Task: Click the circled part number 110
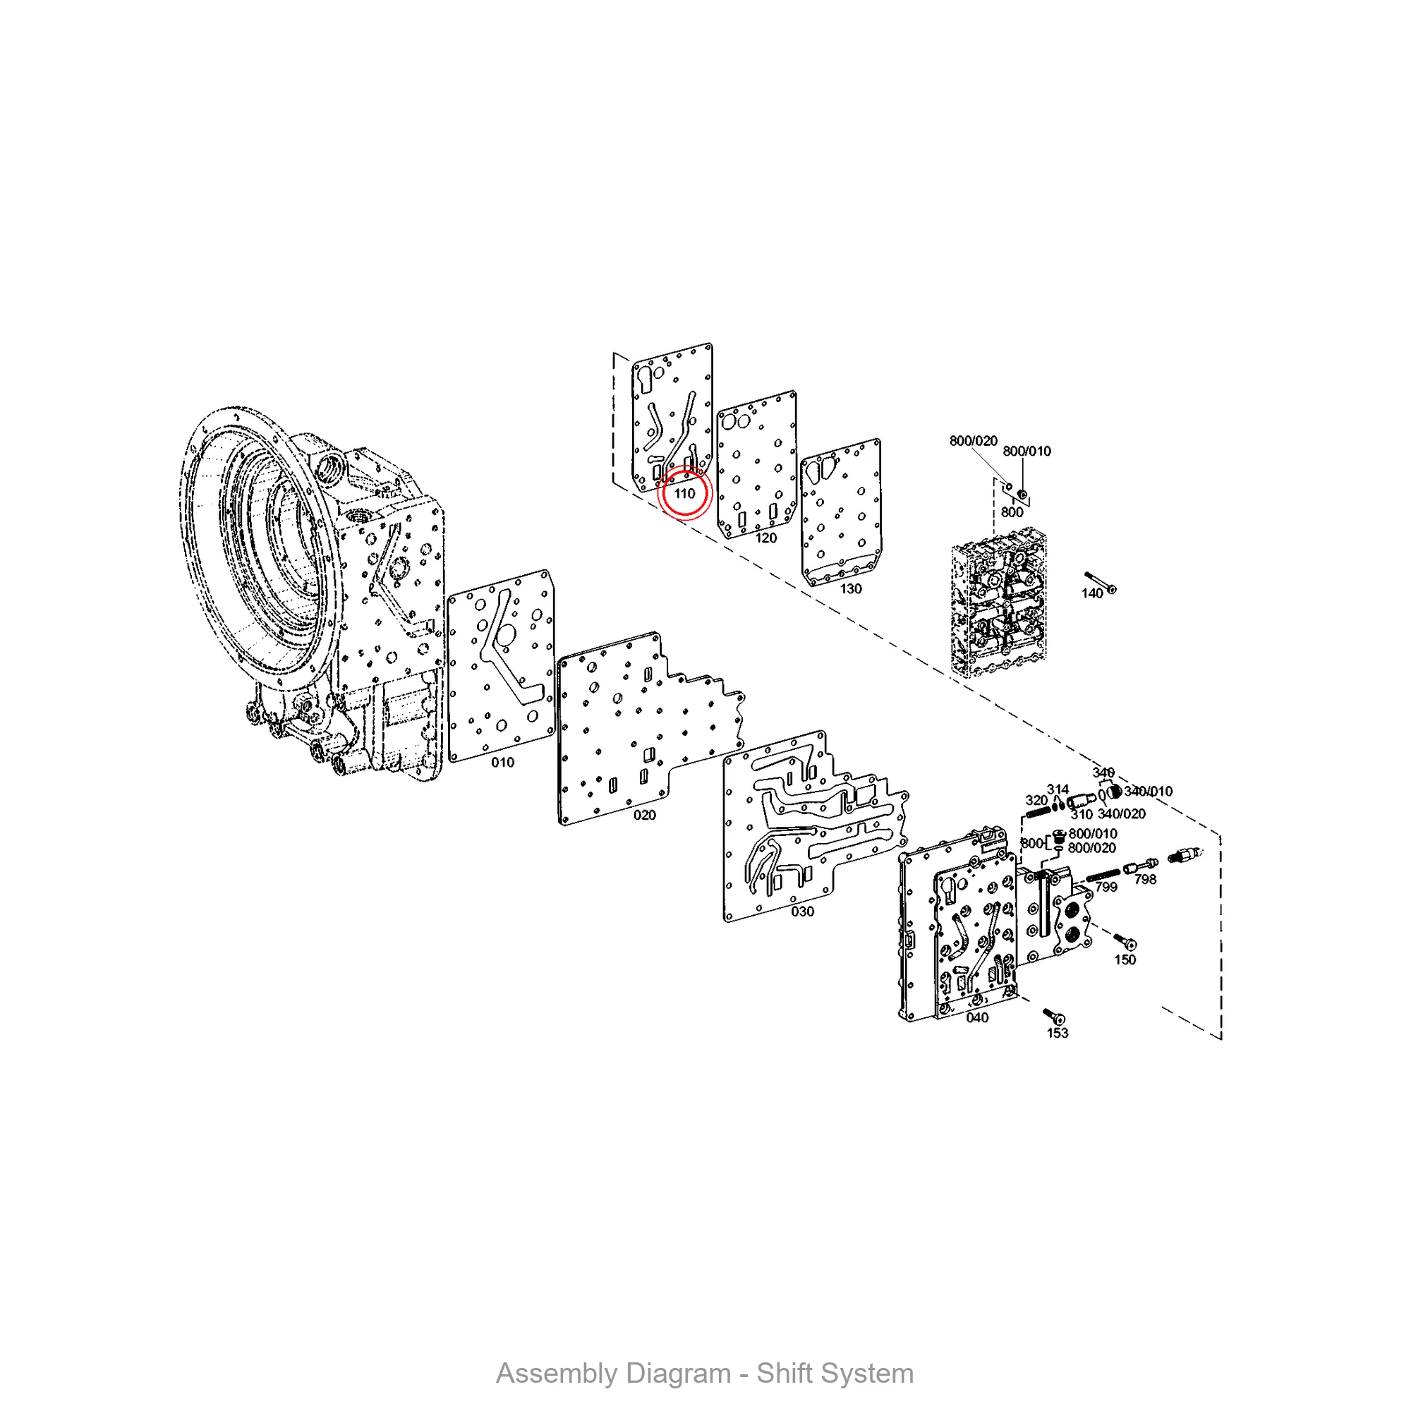(684, 494)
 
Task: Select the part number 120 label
(765, 538)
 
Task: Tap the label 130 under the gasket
(851, 588)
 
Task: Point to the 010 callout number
(502, 763)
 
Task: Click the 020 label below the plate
(644, 815)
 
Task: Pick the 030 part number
(802, 912)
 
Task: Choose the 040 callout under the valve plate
(977, 1018)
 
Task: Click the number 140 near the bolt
(1092, 594)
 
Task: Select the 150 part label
(1125, 959)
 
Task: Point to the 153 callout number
(1058, 1034)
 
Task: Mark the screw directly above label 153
(1055, 1016)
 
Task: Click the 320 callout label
(1036, 801)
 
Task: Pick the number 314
(1058, 789)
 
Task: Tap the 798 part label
(1145, 880)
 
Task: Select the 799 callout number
(1106, 888)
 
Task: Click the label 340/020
(1122, 813)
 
